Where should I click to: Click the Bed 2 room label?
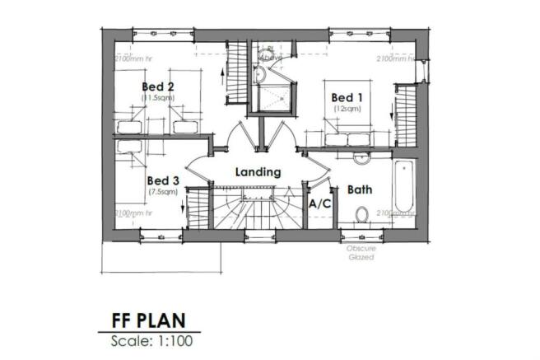[x=157, y=86]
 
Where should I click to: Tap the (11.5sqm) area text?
[x=157, y=97]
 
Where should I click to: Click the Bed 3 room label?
[x=162, y=180]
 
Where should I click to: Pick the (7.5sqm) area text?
[x=162, y=192]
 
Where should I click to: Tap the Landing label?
[x=258, y=173]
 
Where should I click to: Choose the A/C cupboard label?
[x=319, y=202]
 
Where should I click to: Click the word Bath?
[x=360, y=189]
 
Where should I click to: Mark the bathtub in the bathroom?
[x=404, y=188]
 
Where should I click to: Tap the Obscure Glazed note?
[x=361, y=253]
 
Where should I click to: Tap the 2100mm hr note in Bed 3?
[x=136, y=213]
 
